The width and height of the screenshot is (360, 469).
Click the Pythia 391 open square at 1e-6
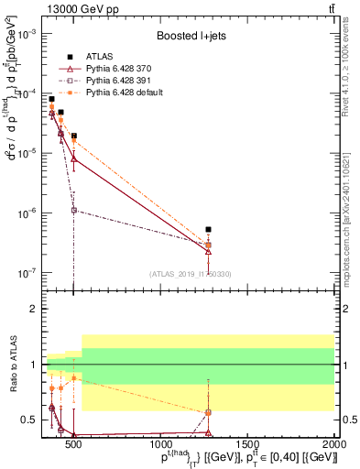(73, 210)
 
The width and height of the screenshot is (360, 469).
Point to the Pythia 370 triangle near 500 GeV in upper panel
(73, 158)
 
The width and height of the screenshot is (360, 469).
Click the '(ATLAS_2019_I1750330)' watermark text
(190, 274)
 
